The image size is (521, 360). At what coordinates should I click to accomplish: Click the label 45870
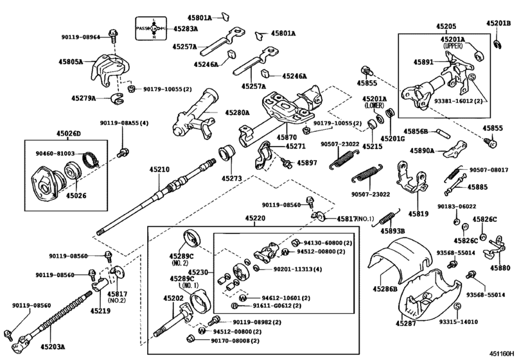pyautogui.click(x=287, y=138)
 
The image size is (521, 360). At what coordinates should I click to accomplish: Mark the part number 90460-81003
pyautogui.click(x=55, y=154)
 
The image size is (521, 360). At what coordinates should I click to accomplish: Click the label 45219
pyautogui.click(x=100, y=310)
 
